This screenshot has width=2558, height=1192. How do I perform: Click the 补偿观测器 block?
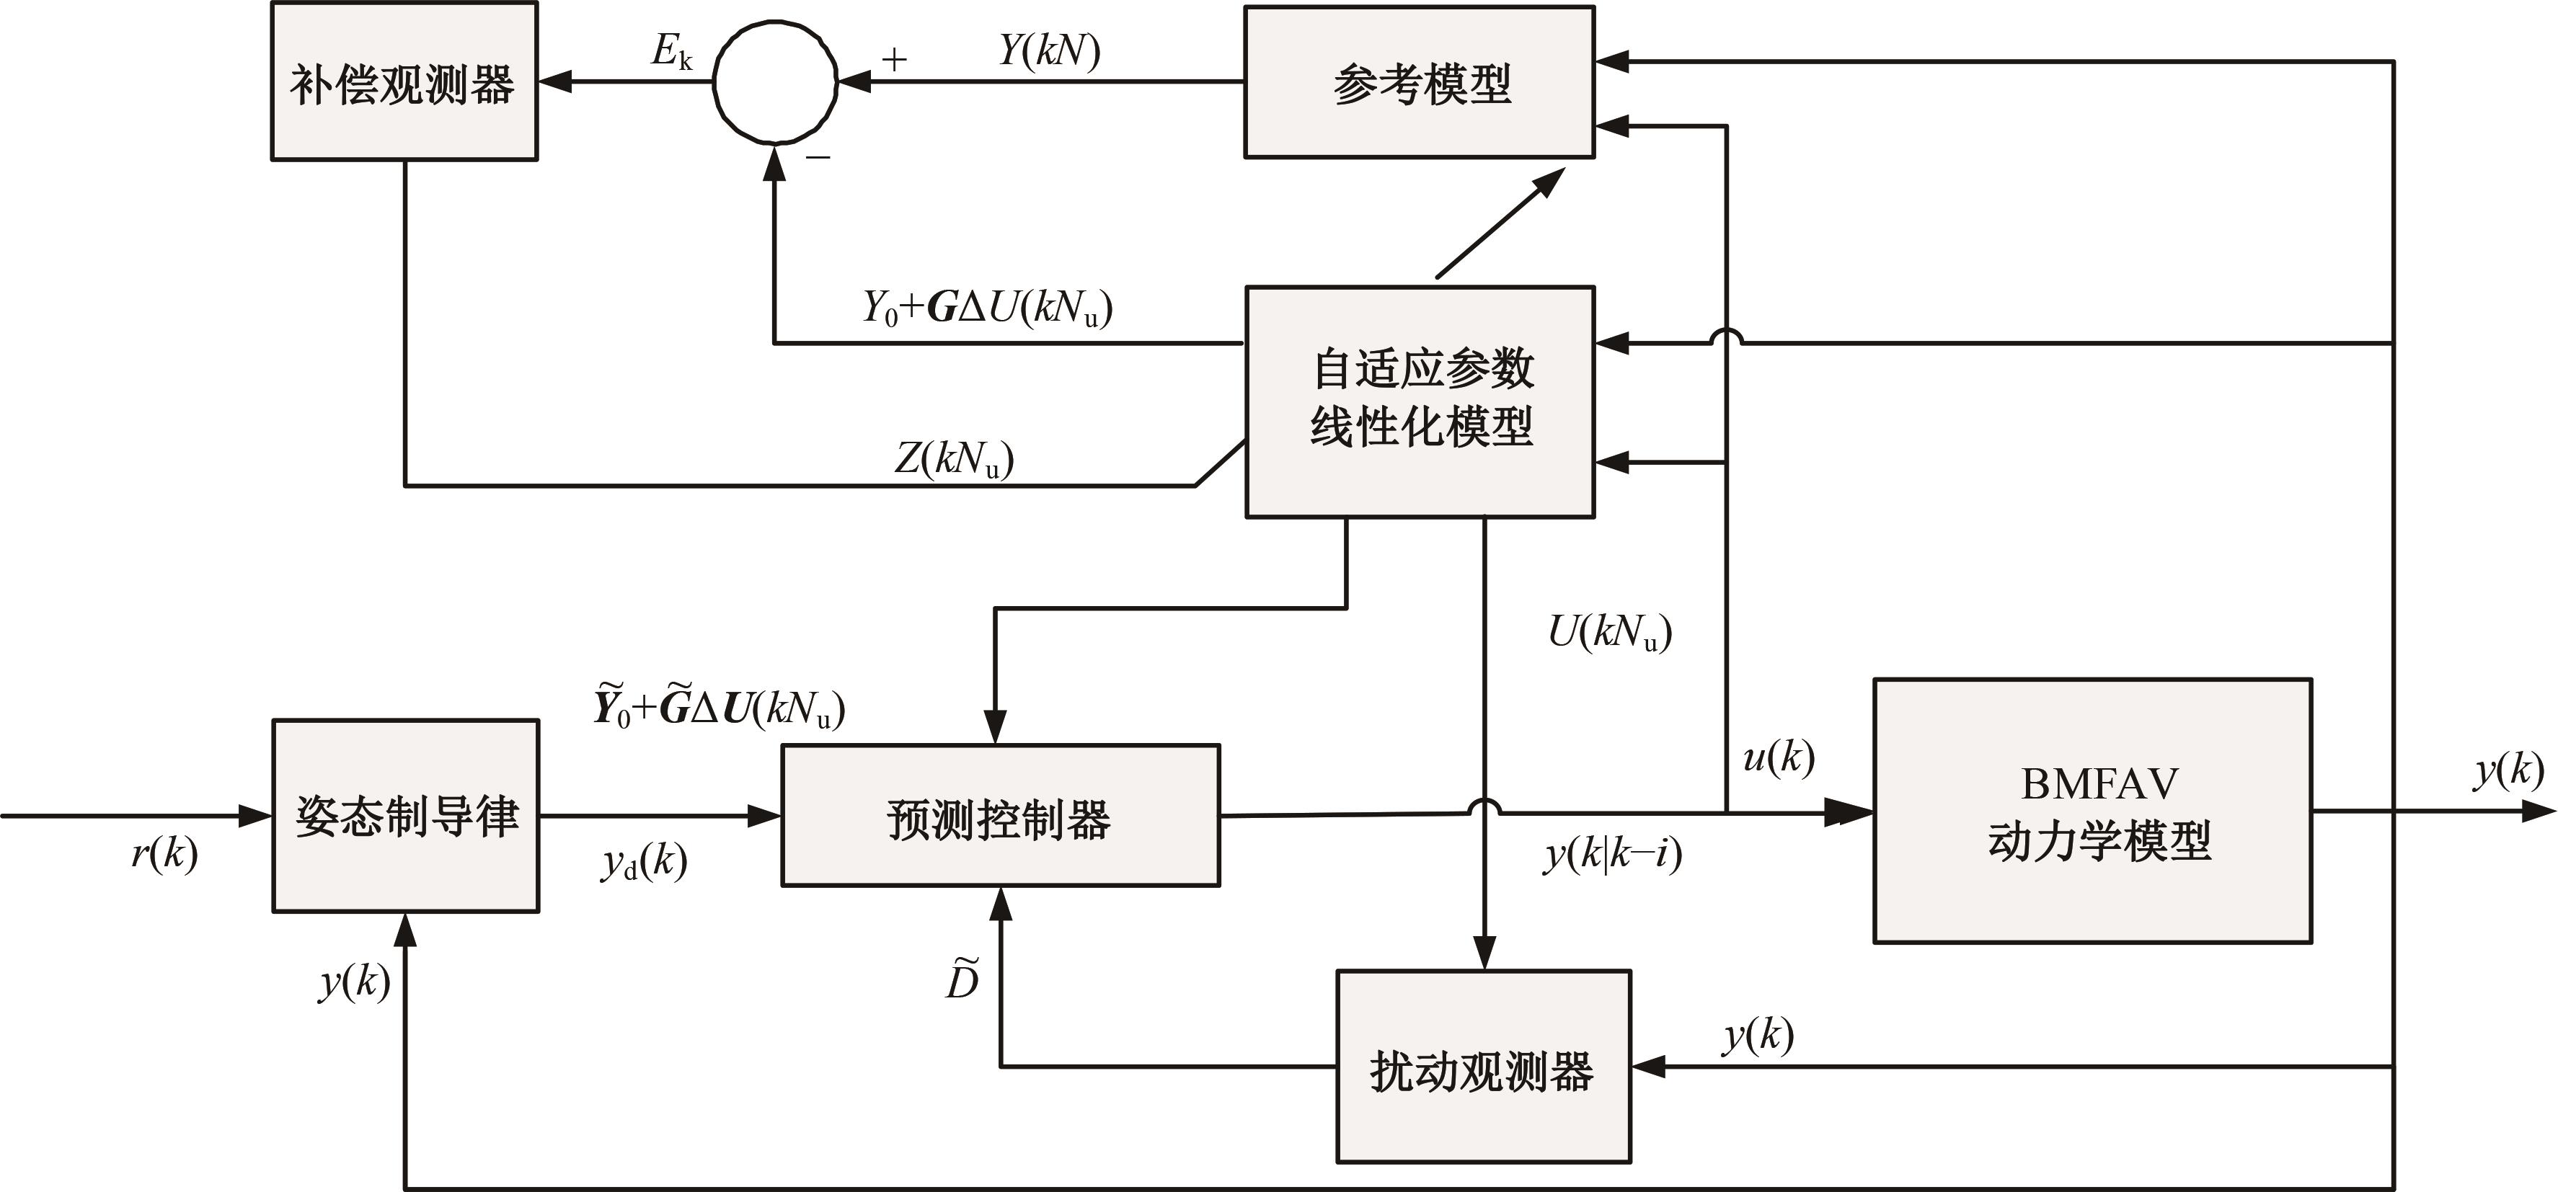404,81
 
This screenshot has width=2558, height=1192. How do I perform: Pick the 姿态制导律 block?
406,816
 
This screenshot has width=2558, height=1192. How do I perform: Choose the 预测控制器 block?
1000,816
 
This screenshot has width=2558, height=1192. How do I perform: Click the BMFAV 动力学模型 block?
2092,811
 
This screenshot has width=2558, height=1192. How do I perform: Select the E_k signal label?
671,52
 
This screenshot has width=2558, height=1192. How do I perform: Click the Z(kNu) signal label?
953,458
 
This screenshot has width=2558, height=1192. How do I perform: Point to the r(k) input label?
164,853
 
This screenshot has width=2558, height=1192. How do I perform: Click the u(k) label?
1777,758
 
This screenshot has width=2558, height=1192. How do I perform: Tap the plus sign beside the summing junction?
894,60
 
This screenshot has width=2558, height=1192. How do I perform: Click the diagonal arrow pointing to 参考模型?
1500,223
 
